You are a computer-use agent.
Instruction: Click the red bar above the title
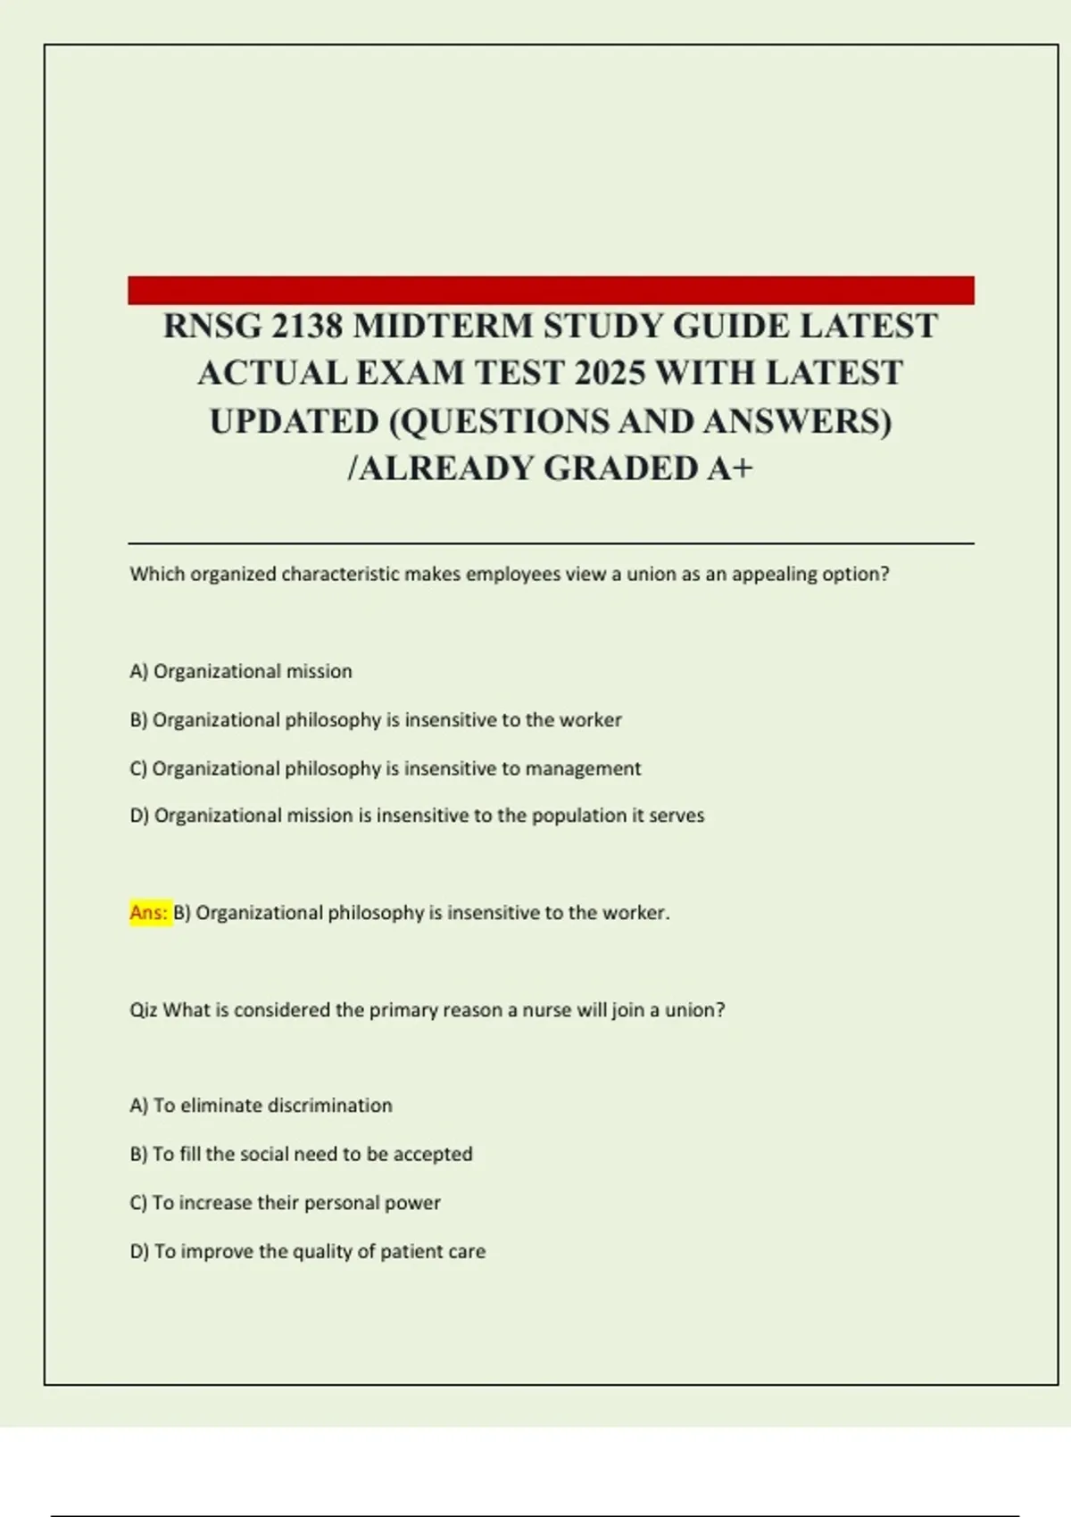551,290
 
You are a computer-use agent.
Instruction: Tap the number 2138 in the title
306,327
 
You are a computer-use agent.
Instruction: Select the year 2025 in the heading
610,373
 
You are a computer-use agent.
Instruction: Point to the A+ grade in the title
730,468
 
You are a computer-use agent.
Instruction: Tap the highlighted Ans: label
149,913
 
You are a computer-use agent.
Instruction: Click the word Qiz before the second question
144,1010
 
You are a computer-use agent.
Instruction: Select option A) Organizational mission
241,671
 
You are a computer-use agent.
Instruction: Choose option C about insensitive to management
385,768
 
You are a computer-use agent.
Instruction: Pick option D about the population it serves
417,816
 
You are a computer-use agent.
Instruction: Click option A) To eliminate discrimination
261,1106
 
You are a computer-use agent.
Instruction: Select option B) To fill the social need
301,1154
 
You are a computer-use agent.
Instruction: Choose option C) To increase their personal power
285,1203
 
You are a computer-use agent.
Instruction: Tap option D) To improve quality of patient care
307,1252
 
